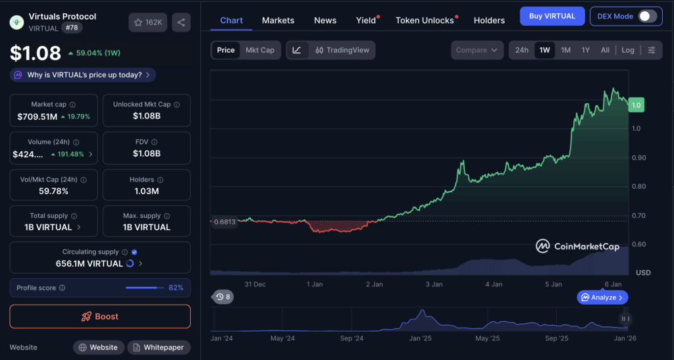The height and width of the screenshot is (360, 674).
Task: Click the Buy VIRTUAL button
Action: tap(552, 16)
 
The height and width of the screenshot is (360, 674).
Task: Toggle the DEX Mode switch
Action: tap(647, 16)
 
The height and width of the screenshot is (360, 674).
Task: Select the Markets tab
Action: tap(278, 20)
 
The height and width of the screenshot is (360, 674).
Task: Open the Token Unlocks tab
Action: tap(425, 20)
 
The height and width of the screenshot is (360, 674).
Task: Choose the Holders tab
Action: tap(489, 20)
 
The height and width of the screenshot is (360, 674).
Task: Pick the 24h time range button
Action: tap(522, 50)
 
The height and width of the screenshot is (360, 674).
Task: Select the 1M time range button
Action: tap(565, 50)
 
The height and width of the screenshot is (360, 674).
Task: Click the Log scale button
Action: tap(628, 50)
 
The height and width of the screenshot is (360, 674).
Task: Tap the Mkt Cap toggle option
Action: tap(259, 50)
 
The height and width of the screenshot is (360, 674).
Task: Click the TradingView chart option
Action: tap(342, 50)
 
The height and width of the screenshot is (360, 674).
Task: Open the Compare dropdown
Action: tap(477, 50)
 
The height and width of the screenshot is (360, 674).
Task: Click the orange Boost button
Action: tap(100, 317)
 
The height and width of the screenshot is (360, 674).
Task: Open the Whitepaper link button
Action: tap(159, 347)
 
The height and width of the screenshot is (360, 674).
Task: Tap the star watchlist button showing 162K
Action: tap(148, 22)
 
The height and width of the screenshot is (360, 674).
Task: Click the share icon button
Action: tap(181, 22)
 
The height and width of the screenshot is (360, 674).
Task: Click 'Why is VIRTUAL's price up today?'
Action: tap(84, 75)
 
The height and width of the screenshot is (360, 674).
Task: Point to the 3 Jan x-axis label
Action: tap(434, 284)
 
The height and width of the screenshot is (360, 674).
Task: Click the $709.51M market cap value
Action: tap(38, 116)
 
